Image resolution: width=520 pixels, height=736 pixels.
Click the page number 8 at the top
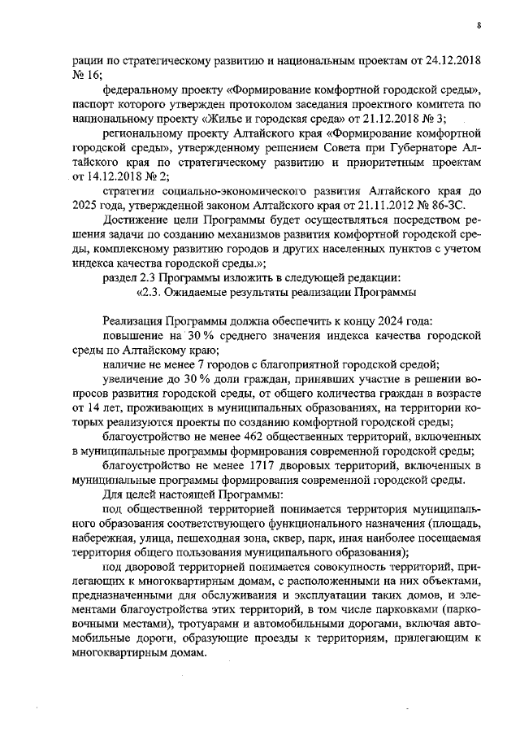(x=479, y=26)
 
